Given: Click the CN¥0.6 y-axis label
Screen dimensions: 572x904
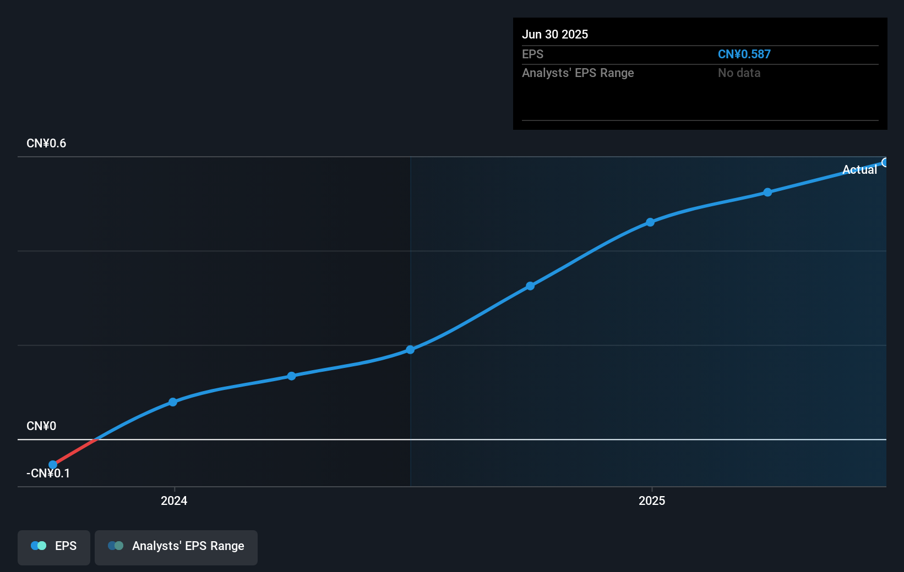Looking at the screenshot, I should (x=46, y=144).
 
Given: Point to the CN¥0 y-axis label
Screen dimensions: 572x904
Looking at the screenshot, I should (x=41, y=426).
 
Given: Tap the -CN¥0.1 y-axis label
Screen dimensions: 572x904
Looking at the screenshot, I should (x=48, y=474).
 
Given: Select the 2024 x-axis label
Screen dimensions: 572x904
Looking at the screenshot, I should (x=174, y=501).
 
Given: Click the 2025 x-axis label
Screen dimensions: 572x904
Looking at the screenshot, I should (x=652, y=501).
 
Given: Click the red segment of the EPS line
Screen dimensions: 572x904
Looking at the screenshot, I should (x=75, y=452).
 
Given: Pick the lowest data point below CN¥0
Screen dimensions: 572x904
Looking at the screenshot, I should (x=53, y=465).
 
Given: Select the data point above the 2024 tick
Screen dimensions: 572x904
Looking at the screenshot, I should (x=173, y=402).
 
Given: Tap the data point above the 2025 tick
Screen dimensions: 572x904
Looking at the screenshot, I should (x=650, y=222).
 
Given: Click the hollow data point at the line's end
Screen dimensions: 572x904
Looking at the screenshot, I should (x=885, y=162).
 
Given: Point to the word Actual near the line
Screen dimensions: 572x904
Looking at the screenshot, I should (x=859, y=170).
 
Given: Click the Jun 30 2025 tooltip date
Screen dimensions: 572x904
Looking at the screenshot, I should (x=555, y=35).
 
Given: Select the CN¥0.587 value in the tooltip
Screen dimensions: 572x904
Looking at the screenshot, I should (x=744, y=54).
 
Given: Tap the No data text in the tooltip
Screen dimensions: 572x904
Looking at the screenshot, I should (x=739, y=73).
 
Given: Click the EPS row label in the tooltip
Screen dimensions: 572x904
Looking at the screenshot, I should (x=532, y=54).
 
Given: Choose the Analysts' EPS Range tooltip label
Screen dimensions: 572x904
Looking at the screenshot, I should (x=578, y=73).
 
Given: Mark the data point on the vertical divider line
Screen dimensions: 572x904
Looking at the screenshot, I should (x=410, y=350).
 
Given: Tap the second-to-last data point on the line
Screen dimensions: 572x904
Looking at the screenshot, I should (x=767, y=193).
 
